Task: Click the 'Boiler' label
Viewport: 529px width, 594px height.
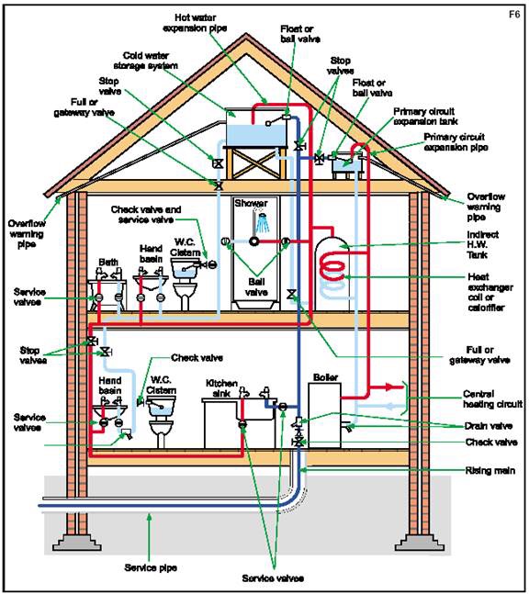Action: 325,377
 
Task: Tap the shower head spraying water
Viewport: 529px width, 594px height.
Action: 263,223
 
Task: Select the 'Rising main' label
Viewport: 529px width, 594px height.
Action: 490,470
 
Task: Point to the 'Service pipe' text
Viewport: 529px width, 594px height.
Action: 151,567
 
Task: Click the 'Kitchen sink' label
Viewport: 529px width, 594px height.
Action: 221,388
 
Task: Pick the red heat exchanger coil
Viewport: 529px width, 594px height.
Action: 332,267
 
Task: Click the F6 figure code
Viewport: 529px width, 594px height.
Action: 513,15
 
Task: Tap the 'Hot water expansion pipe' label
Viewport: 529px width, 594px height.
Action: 195,23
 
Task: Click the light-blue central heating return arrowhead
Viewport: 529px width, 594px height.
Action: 390,407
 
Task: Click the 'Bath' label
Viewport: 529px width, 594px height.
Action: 108,262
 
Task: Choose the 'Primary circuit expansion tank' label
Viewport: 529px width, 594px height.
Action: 425,117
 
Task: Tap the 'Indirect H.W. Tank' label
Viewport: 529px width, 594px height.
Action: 482,245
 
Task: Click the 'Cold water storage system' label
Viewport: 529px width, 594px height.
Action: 146,61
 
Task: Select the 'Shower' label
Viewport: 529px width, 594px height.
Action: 251,203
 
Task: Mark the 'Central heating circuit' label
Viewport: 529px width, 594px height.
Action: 492,398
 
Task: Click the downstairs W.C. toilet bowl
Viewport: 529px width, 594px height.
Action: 161,430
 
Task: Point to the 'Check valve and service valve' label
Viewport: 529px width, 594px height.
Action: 146,215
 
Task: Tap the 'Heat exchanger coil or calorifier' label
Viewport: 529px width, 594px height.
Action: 490,292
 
